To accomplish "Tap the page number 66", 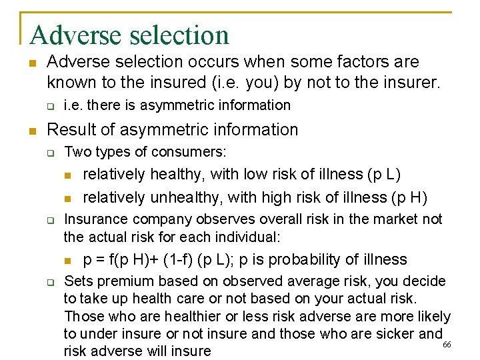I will tap(447, 344).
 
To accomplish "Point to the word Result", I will tap(69, 129).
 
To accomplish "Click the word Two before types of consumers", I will tap(77, 152).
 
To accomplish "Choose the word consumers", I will tap(193, 152).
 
